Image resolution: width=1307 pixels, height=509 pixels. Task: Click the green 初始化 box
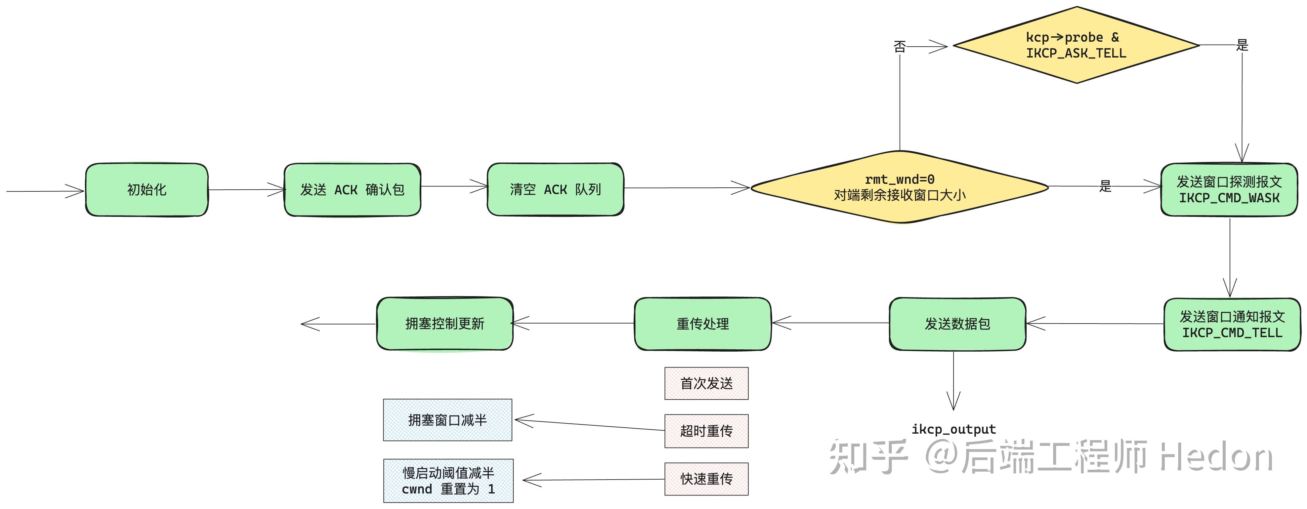[x=147, y=190]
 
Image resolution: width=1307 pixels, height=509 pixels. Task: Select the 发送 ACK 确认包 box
[x=352, y=190]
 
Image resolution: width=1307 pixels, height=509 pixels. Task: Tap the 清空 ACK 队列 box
[x=555, y=189]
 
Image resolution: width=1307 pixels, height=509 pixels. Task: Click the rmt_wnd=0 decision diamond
[x=900, y=187]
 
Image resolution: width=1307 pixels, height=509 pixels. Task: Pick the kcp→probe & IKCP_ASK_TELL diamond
[x=1075, y=45]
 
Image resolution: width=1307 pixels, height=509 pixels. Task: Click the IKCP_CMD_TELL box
[x=1232, y=325]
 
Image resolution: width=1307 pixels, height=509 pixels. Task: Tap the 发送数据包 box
[x=957, y=324]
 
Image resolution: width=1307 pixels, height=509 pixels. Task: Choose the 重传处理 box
[x=702, y=324]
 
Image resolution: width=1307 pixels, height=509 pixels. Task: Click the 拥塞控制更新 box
[x=444, y=324]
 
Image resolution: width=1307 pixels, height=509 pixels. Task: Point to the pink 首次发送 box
[x=706, y=384]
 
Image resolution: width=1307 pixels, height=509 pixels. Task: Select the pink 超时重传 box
[x=706, y=431]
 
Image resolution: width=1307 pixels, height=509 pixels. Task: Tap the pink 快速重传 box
[x=706, y=479]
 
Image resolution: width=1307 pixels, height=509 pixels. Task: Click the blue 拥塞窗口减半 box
[x=447, y=420]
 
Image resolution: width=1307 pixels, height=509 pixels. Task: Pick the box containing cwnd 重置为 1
[x=448, y=481]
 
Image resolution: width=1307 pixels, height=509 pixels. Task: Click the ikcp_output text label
[x=953, y=429]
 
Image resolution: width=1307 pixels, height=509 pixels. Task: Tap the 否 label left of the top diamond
[x=900, y=47]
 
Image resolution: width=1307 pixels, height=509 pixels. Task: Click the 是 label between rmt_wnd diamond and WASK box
[x=1105, y=186]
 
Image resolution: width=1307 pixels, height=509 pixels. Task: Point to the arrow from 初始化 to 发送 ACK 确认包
[x=246, y=190]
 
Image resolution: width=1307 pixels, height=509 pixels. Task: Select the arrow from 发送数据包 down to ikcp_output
[x=953, y=380]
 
